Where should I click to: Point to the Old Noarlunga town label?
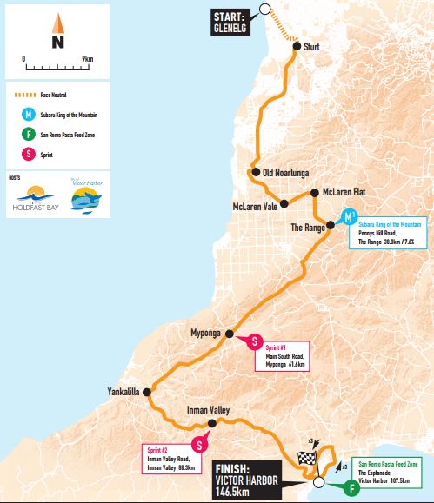(287, 172)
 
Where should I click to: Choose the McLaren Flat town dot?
(313, 192)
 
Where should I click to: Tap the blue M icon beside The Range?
(349, 216)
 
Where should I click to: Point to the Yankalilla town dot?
(146, 393)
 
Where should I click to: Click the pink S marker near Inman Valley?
(200, 445)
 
